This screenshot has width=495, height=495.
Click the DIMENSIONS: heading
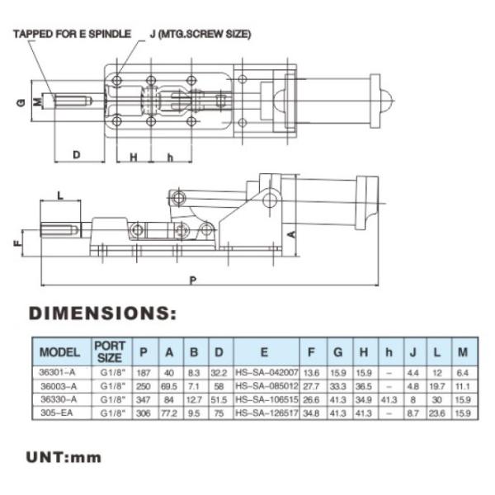pos(103,314)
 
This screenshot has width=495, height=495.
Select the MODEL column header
pos(59,352)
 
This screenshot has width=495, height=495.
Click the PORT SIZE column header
pos(109,352)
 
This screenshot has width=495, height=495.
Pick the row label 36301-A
pos(59,372)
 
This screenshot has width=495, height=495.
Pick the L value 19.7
pos(437,385)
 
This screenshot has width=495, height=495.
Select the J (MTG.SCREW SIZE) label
pos(200,34)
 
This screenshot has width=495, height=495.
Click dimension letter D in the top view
pos(76,154)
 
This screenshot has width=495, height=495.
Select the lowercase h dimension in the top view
pos(169,156)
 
